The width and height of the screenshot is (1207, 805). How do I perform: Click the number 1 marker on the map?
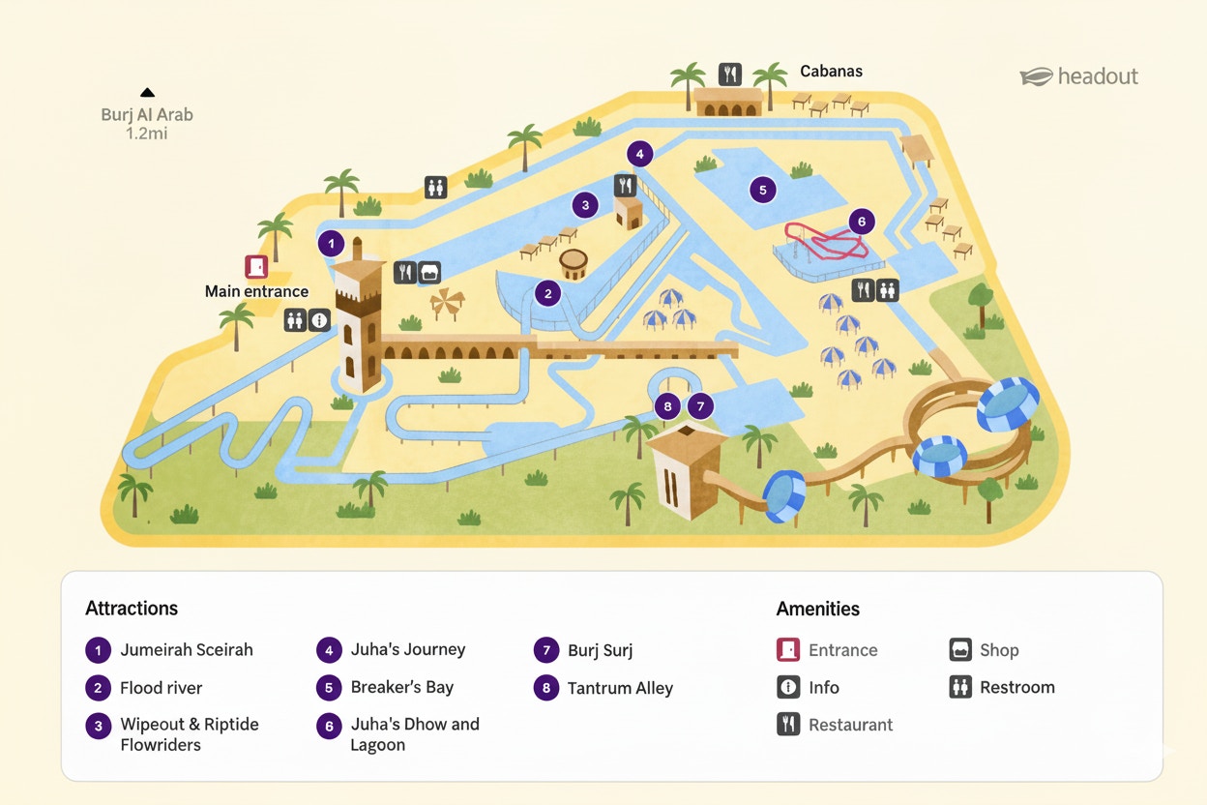click(x=331, y=244)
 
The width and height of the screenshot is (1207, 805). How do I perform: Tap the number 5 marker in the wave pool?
click(x=763, y=191)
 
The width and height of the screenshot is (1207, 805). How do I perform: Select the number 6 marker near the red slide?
click(x=861, y=222)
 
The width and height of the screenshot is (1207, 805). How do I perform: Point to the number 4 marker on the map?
click(x=638, y=153)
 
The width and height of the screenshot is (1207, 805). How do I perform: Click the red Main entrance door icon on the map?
click(x=256, y=267)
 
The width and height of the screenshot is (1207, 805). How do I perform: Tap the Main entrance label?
click(x=256, y=291)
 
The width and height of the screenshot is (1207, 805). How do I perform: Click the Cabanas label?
click(x=831, y=71)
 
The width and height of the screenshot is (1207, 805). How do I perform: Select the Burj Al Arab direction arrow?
click(x=147, y=93)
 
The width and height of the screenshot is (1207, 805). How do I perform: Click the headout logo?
click(x=1079, y=76)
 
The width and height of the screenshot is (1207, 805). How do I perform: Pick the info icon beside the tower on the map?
click(x=319, y=320)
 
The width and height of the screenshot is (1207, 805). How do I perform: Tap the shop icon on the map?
click(x=429, y=273)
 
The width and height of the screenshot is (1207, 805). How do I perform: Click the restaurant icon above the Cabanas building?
click(x=730, y=74)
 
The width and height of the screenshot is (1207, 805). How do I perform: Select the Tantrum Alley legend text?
click(x=620, y=688)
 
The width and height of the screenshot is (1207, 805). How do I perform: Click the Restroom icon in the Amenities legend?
click(x=960, y=687)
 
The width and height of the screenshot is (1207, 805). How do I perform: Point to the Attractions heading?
click(x=132, y=609)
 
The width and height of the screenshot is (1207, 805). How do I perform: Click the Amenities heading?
click(x=817, y=609)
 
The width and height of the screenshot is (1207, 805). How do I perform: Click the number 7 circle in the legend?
click(x=546, y=650)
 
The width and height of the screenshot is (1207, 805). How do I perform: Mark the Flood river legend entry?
click(x=161, y=688)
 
